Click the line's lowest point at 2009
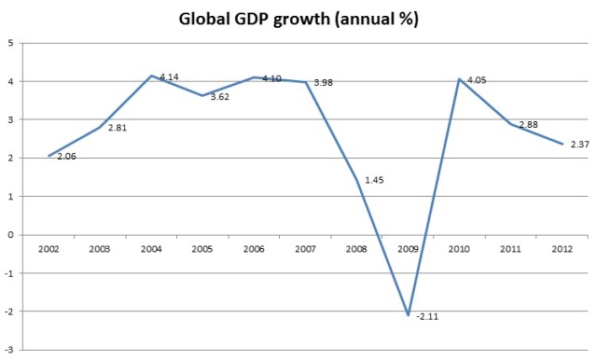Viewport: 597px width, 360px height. click(x=408, y=315)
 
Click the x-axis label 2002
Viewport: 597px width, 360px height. click(x=49, y=249)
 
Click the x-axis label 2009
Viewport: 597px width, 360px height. click(x=408, y=249)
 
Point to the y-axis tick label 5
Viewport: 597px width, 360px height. click(x=10, y=43)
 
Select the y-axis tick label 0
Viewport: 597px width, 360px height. click(x=10, y=235)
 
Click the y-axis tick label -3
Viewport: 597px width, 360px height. click(x=8, y=350)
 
